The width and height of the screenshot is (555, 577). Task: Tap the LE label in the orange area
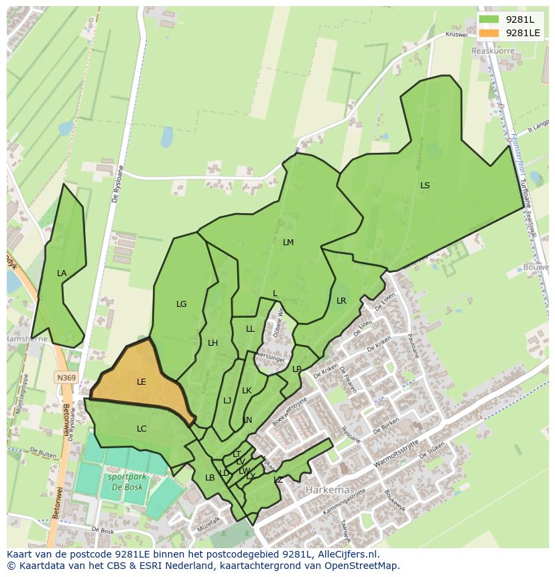coord(141,382)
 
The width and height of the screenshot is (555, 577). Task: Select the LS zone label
coord(425,186)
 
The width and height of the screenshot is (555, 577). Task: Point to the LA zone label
coord(62,273)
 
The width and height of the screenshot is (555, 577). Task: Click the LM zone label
coord(288,243)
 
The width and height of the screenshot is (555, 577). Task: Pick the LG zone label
coord(181,304)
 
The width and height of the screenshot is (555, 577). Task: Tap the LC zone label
coord(141,429)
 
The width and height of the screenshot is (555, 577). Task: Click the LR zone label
coord(341,301)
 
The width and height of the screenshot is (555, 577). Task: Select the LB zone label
coord(210,478)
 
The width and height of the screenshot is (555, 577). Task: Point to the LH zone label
coord(212,343)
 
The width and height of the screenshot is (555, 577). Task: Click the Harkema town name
coord(326,490)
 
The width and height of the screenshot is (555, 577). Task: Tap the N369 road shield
coord(66,378)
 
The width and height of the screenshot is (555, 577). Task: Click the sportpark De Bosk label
coord(124,483)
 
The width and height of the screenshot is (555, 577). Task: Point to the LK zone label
coord(247,391)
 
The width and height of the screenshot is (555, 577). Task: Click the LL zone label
coord(250,329)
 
